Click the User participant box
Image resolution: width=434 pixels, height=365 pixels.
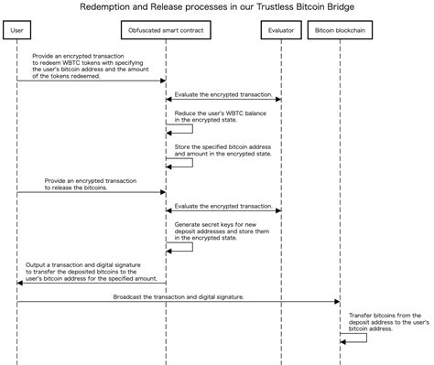click(x=16, y=30)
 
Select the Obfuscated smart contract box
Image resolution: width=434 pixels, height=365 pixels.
click(x=165, y=30)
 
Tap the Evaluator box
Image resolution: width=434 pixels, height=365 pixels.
click(x=279, y=30)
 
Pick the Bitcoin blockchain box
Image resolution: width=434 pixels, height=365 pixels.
click(x=341, y=30)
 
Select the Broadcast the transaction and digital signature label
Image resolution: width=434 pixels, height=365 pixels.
click(x=179, y=296)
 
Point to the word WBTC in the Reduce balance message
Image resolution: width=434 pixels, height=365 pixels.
click(x=230, y=113)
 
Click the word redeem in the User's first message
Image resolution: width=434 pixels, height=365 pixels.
click(x=49, y=62)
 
